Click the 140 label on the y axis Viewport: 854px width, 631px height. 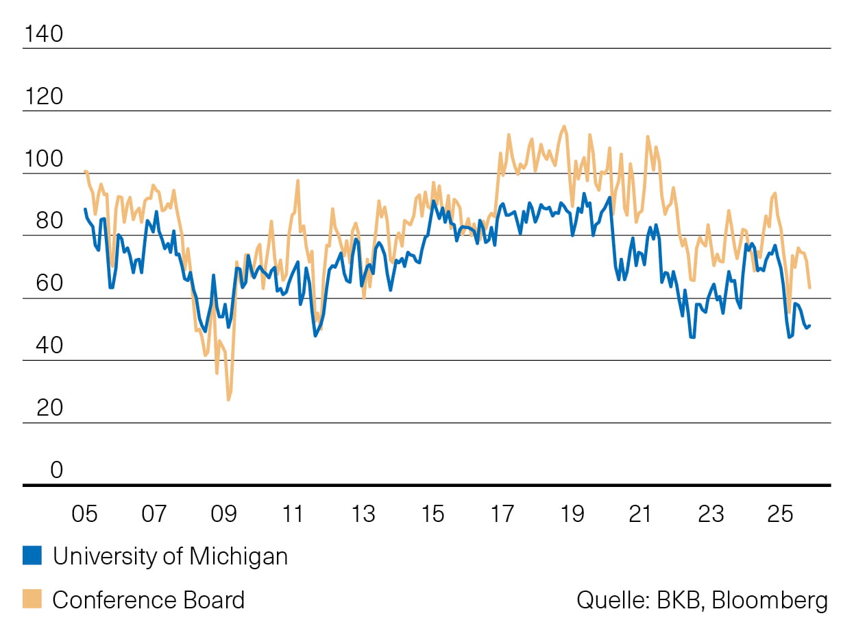[42, 33]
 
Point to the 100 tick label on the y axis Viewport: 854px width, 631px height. [42, 158]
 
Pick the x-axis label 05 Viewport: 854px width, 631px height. [84, 514]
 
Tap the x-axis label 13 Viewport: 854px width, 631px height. [363, 514]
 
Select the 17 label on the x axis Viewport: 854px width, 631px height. [502, 514]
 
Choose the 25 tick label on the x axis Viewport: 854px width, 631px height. [781, 514]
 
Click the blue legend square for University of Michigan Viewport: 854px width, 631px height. [32, 556]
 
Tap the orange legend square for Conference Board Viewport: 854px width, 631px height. [32, 599]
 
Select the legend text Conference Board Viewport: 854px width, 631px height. [148, 599]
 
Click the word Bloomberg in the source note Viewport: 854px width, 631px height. [770, 600]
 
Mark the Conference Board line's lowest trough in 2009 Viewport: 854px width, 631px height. [228, 399]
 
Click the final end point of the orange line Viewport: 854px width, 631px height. [810, 287]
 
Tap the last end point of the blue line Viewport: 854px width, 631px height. [810, 326]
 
